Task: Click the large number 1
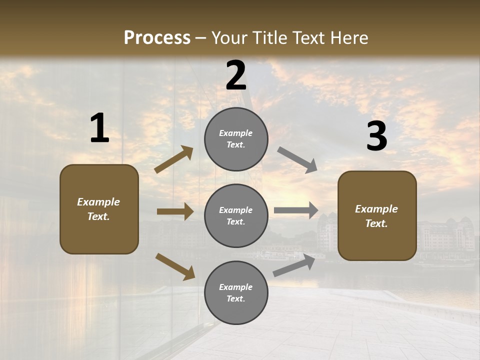pos(99,128)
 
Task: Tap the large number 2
pos(236,75)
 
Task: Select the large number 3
pos(376,136)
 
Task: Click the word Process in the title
pos(157,37)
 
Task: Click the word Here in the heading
pos(348,37)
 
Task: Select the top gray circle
pos(236,139)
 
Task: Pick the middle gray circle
pos(236,215)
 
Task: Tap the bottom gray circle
pos(236,292)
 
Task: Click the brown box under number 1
pos(99,209)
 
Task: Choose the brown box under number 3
pos(377,215)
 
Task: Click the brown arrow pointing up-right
pos(174,159)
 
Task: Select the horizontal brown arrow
pos(175,211)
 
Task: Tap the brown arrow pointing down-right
pos(175,266)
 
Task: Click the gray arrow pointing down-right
pos(297,159)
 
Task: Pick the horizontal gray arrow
pos(296,210)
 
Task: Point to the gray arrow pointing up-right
pos(294,265)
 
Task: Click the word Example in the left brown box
pos(98,202)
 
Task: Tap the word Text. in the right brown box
pos(376,223)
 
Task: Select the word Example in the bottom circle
pos(236,287)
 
